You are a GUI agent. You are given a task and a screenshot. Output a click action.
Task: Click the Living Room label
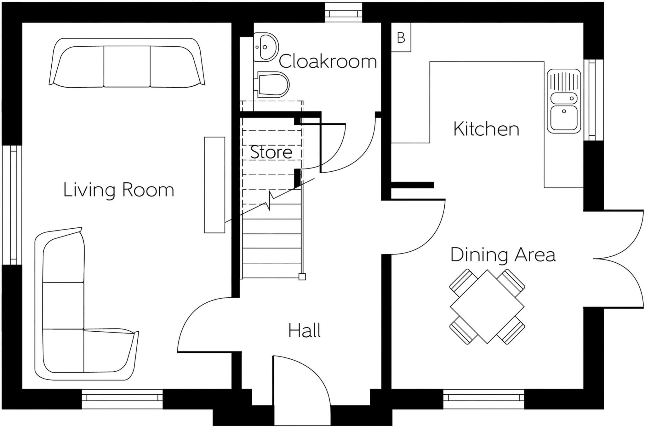point(118,190)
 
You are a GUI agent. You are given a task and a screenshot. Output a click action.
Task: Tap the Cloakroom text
point(328,61)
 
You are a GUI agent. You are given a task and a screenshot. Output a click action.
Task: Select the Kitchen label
point(486,129)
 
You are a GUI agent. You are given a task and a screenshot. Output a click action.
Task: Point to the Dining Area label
point(503,255)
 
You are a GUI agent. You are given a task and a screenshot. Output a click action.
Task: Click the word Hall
point(304,331)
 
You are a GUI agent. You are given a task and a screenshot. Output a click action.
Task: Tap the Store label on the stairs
point(271,152)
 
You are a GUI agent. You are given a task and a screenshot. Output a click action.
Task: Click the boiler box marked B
point(401,38)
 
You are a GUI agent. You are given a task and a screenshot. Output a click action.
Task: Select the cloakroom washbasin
point(265,47)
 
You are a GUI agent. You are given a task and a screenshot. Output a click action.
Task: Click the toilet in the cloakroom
point(273,84)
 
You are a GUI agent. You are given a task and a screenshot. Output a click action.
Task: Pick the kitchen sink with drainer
point(564,101)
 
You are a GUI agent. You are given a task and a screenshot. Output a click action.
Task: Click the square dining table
point(487,306)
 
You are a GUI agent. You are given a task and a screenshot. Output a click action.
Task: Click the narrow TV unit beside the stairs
point(214,185)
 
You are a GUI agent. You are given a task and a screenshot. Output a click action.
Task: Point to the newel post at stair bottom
point(302,277)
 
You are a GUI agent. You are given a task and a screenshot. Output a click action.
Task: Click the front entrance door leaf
point(274,391)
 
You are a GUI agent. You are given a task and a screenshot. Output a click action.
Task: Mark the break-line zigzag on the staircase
point(270,201)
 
